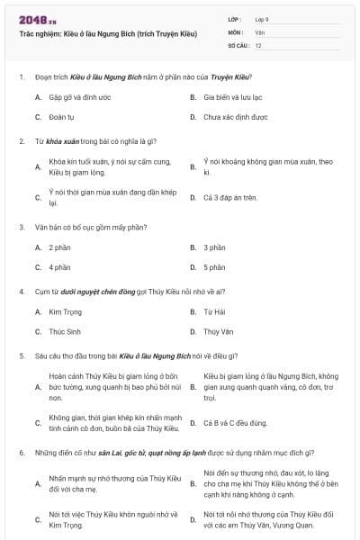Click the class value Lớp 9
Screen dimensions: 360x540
point(262,19)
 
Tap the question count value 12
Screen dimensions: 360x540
point(258,44)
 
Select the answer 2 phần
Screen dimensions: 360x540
point(59,247)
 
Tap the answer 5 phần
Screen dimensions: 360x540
point(214,267)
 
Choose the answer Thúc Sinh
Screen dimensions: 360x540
point(64,332)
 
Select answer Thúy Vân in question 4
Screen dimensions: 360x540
point(217,332)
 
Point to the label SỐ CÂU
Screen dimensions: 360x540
point(238,44)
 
